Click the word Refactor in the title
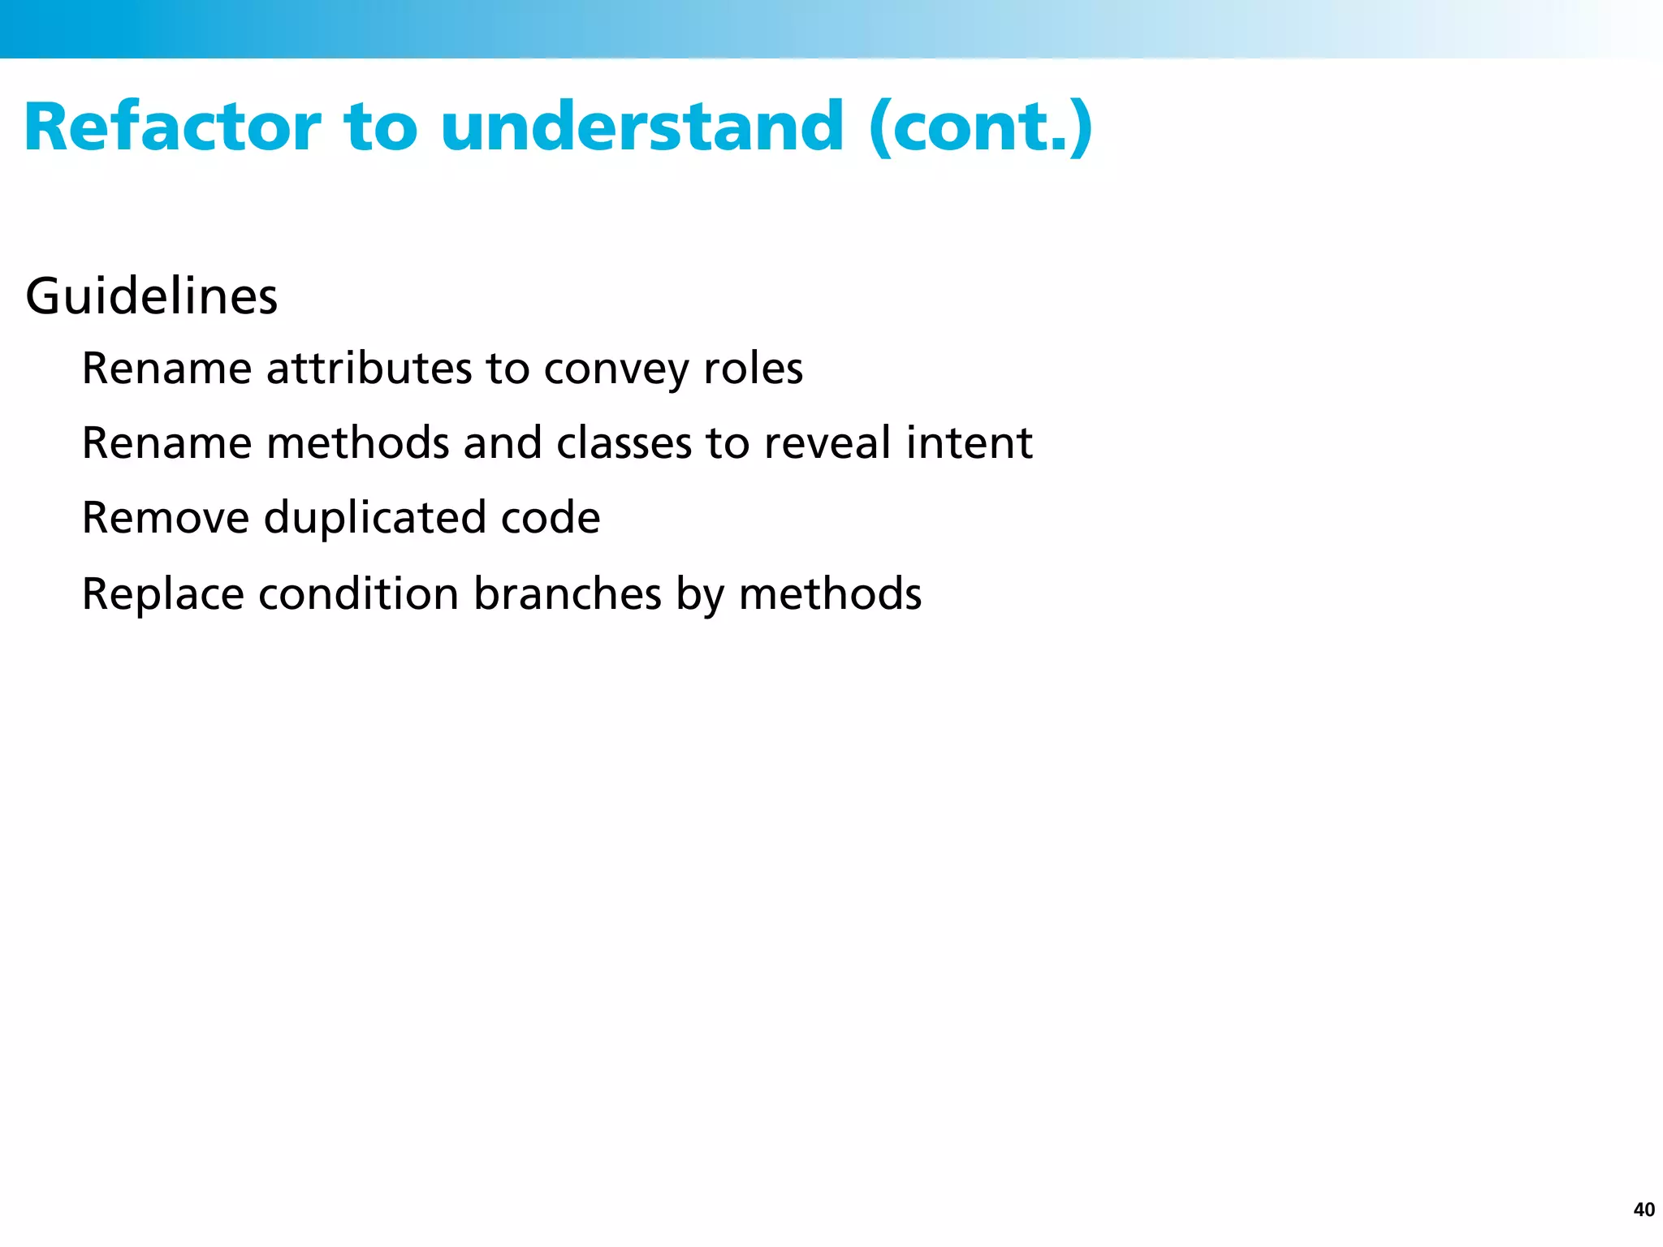pyautogui.click(x=172, y=127)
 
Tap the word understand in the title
pyautogui.click(x=642, y=127)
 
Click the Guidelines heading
pyautogui.click(x=152, y=296)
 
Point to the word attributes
pyautogui.click(x=369, y=369)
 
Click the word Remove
pyautogui.click(x=166, y=518)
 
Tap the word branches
pyautogui.click(x=568, y=594)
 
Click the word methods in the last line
pyautogui.click(x=830, y=594)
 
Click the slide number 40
pyautogui.click(x=1644, y=1210)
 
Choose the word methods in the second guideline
pyautogui.click(x=358, y=443)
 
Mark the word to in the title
pyautogui.click(x=381, y=127)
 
